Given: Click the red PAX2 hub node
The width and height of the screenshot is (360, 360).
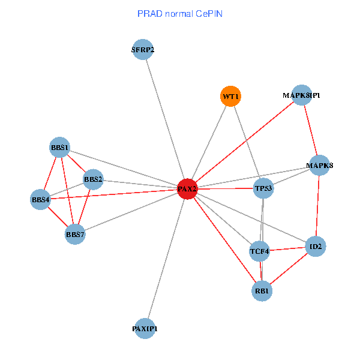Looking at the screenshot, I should [x=187, y=189].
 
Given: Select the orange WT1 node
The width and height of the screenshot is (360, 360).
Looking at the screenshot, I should [x=230, y=96].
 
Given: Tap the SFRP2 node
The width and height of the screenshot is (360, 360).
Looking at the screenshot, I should [x=143, y=50].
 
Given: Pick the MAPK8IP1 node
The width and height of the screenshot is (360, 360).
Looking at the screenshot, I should [x=301, y=95].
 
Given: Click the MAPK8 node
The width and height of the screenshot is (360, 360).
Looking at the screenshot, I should [x=320, y=165].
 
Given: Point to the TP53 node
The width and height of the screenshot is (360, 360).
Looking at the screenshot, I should [x=263, y=188].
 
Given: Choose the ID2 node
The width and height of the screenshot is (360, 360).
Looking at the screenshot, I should [x=316, y=246].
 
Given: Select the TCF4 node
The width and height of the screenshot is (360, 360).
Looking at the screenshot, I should [x=260, y=251].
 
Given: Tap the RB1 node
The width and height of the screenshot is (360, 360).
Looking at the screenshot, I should [x=262, y=291].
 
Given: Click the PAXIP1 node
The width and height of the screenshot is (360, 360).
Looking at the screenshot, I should [x=145, y=328].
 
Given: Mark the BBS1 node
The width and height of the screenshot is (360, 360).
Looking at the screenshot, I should [x=60, y=148].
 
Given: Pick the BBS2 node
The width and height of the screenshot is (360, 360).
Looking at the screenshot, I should [x=93, y=179].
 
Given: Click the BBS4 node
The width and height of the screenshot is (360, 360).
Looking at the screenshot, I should [x=41, y=199].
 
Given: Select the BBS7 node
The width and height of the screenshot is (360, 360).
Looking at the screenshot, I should [x=75, y=234].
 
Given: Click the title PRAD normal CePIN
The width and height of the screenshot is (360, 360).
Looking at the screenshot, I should [x=180, y=13].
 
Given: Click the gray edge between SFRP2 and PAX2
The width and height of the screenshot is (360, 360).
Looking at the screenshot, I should [x=165, y=119].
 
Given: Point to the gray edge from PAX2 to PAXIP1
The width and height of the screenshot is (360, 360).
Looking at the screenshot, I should [x=166, y=259].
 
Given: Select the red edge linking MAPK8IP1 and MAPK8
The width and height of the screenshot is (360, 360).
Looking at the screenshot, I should [x=310, y=130].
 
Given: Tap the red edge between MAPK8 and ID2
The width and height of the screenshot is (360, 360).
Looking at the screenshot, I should [x=318, y=205].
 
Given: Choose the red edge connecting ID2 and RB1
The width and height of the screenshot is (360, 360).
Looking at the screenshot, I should [x=289, y=269].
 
